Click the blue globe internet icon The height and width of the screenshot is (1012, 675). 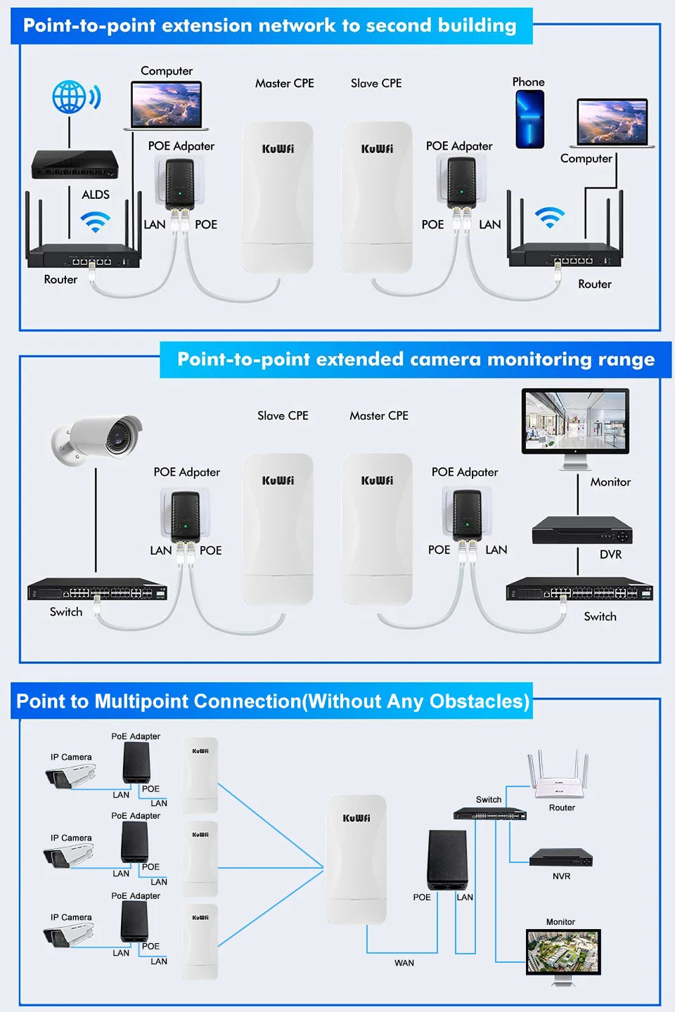pyautogui.click(x=70, y=97)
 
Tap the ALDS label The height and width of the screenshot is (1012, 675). pyautogui.click(x=96, y=195)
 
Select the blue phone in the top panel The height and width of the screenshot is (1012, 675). pyautogui.click(x=529, y=119)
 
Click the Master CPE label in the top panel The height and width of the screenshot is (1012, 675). pyautogui.click(x=284, y=84)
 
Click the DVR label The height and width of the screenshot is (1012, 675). pyautogui.click(x=610, y=554)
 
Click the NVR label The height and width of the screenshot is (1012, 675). pyautogui.click(x=561, y=876)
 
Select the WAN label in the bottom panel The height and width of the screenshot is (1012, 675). pyautogui.click(x=404, y=963)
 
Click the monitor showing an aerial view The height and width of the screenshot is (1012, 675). pyautogui.click(x=563, y=952)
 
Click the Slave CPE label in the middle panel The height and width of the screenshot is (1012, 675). pyautogui.click(x=283, y=416)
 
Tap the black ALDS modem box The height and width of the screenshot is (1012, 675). pyautogui.click(x=75, y=165)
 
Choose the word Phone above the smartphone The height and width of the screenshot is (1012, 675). pyautogui.click(x=528, y=82)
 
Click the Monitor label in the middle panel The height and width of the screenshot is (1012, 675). pyautogui.click(x=610, y=482)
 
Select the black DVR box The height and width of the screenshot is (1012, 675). pyautogui.click(x=581, y=531)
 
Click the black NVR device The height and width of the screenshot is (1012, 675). pyautogui.click(x=560, y=857)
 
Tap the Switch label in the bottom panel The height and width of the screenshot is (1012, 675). pyautogui.click(x=489, y=800)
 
